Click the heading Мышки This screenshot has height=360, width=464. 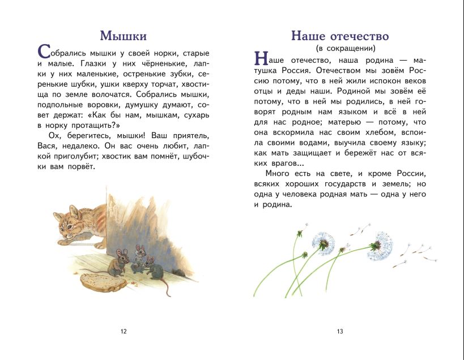[123, 36]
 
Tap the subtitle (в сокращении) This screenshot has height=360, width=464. [339, 49]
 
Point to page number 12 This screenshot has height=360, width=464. [124, 331]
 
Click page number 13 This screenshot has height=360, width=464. [340, 331]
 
